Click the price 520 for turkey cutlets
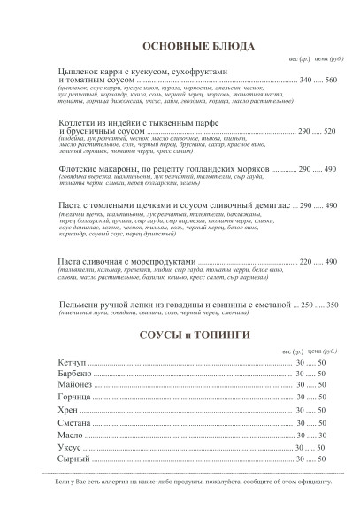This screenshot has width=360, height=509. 329,130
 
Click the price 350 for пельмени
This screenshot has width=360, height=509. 332,305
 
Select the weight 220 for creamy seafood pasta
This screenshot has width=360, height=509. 307,263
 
